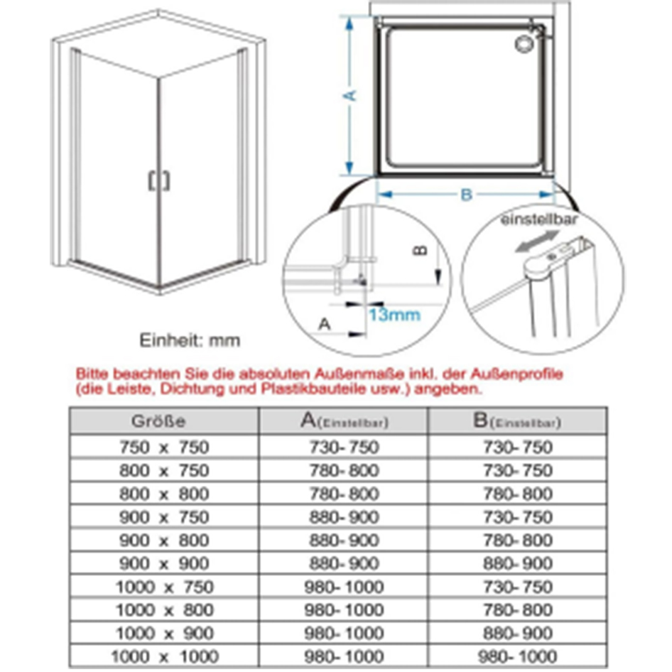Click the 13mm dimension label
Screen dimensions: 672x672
(x=394, y=315)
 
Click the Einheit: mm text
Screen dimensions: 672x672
(x=190, y=340)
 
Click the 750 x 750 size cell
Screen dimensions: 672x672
(x=165, y=448)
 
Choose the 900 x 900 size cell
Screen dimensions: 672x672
(x=165, y=564)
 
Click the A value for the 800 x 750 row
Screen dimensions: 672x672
(x=345, y=470)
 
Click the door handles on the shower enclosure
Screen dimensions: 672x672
(x=159, y=180)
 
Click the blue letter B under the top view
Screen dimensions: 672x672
(x=466, y=195)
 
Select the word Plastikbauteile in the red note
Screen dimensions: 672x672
(x=314, y=389)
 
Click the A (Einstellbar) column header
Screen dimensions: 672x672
(x=345, y=421)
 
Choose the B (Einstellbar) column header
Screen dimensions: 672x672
(x=516, y=421)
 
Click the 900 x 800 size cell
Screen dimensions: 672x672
(x=165, y=541)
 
